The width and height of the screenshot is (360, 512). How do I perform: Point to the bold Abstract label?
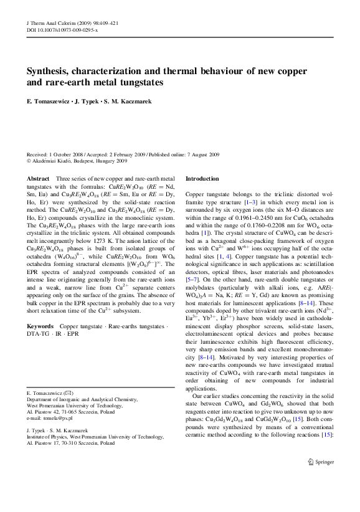(x=39, y=178)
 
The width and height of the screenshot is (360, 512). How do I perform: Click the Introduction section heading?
(x=202, y=178)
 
